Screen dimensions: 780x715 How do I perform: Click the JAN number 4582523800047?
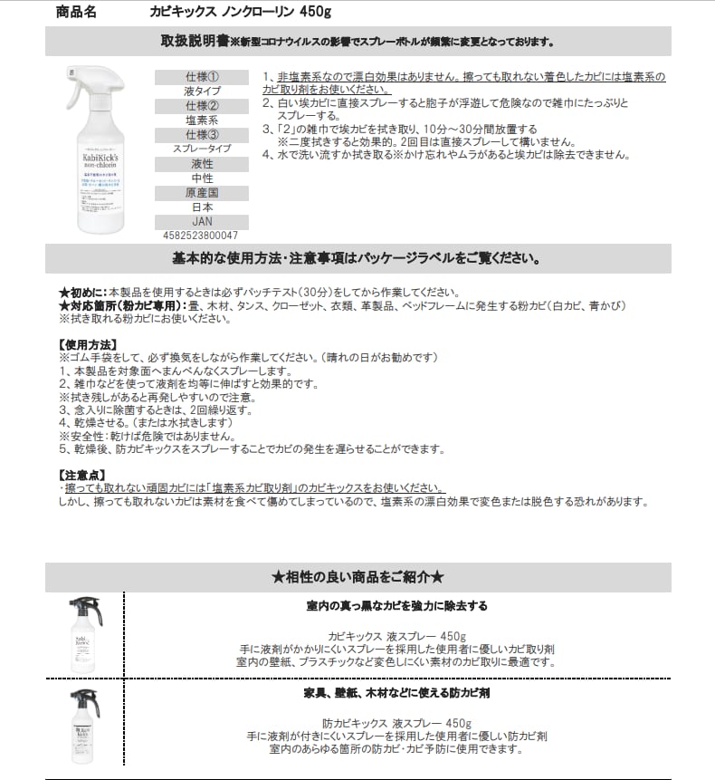[201, 234]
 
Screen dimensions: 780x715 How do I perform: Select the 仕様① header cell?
[201, 78]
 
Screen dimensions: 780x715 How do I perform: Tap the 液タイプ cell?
[201, 91]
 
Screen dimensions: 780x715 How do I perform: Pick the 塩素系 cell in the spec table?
[201, 120]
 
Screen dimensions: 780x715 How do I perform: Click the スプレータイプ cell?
[201, 148]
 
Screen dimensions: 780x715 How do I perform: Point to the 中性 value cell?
[201, 178]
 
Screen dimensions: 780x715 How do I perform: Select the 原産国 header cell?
[201, 193]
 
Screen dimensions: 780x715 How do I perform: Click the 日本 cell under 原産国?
[201, 207]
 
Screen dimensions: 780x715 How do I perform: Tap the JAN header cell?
[201, 221]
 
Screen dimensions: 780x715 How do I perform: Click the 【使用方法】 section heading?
[87, 344]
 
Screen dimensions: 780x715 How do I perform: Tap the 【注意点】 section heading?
[81, 475]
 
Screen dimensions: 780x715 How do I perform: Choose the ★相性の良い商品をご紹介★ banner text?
[357, 577]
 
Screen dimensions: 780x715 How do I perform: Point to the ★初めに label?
[82, 293]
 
